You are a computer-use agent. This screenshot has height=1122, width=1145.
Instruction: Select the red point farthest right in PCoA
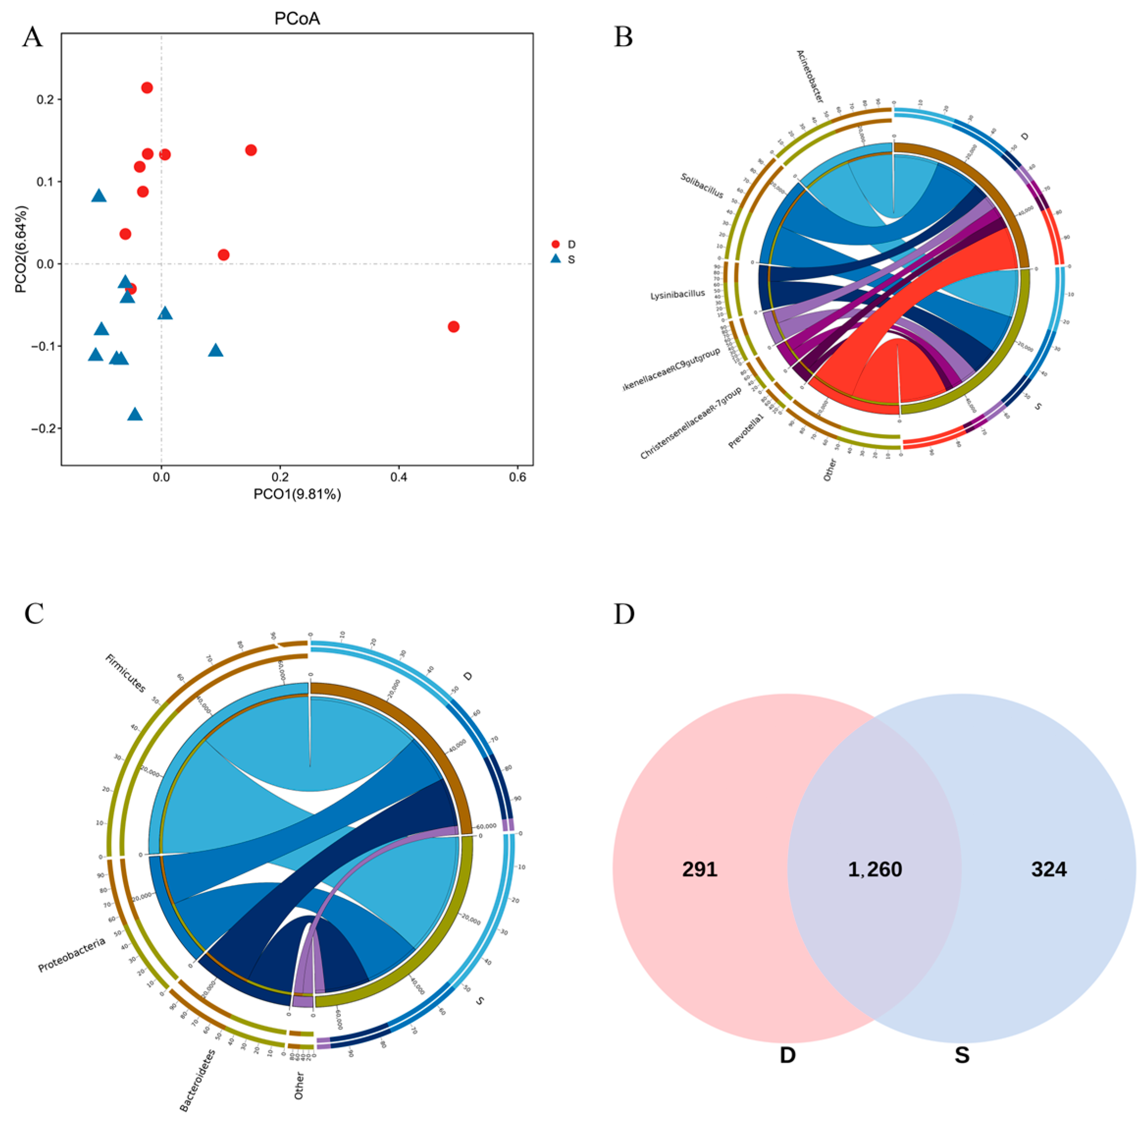pos(453,326)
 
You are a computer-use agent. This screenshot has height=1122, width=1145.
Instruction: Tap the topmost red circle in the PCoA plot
pos(147,88)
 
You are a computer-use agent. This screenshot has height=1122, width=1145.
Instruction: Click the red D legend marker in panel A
pos(555,244)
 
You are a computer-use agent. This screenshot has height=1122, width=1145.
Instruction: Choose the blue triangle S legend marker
pos(555,259)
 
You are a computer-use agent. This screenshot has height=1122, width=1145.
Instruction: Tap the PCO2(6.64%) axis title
pos(21,249)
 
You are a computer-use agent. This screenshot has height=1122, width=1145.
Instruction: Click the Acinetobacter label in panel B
pos(810,77)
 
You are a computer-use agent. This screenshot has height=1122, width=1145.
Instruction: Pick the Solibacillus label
pos(702,185)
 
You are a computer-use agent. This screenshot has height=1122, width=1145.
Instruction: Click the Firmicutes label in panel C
pos(125,673)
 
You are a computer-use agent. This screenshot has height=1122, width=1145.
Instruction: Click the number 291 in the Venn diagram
pos(700,869)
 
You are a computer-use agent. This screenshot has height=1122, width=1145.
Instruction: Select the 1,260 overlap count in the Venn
pos(875,869)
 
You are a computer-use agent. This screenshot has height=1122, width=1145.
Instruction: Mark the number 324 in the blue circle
pos(1048,869)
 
